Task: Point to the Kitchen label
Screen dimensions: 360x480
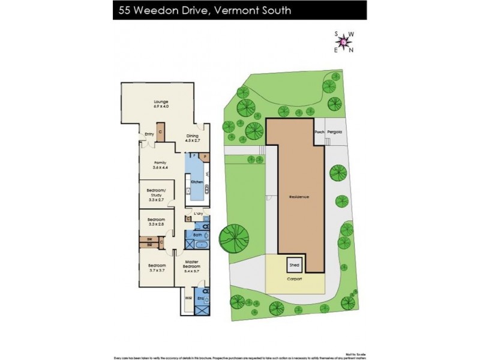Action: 196,181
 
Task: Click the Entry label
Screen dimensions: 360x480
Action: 149,134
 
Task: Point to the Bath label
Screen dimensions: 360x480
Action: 197,235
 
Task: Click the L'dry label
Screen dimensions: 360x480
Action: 197,214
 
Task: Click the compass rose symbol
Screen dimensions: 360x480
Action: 343,41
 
